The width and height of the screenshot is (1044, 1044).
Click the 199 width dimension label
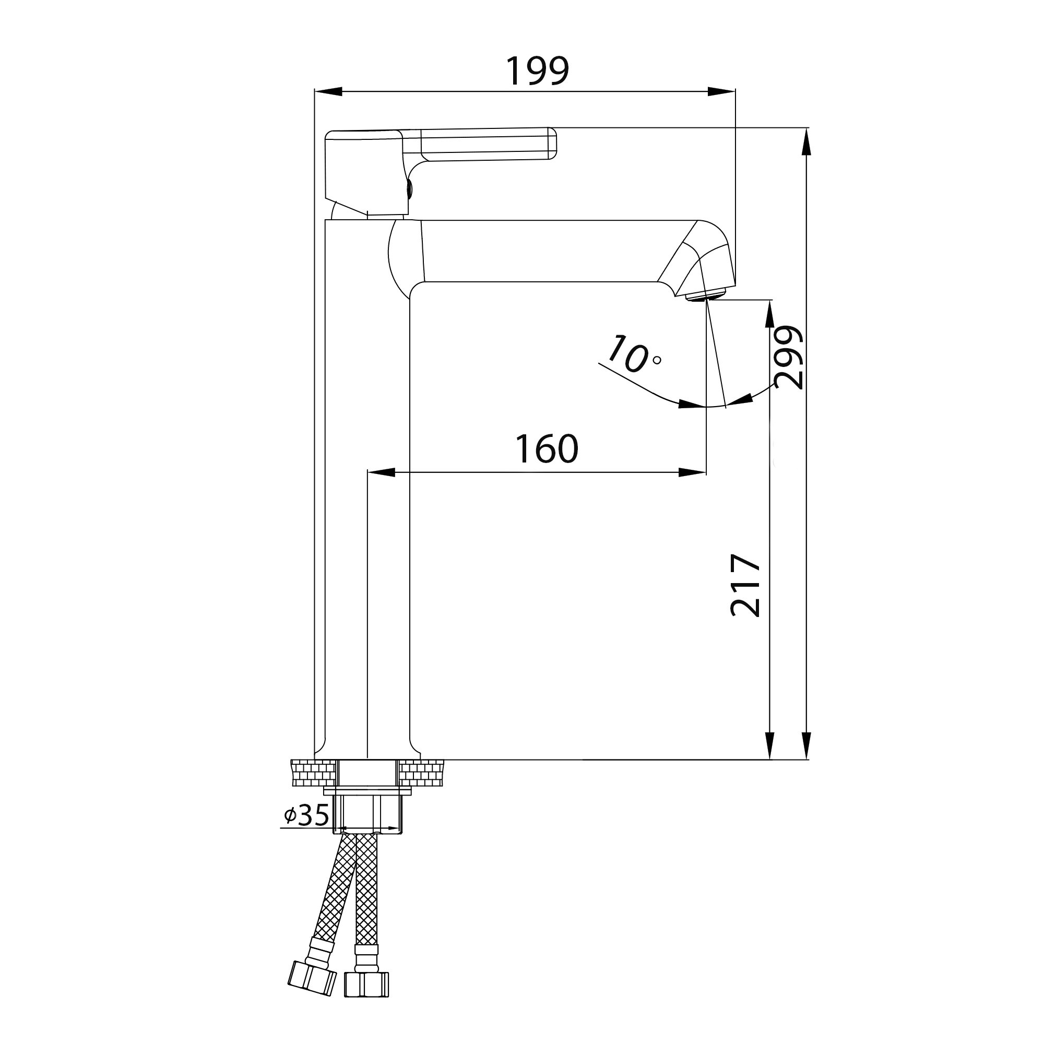pyautogui.click(x=537, y=72)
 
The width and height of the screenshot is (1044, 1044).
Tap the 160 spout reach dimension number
pyautogui.click(x=547, y=449)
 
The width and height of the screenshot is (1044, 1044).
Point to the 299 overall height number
pyautogui.click(x=788, y=358)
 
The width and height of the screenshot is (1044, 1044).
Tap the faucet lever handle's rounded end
pyautogui.click(x=552, y=143)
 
